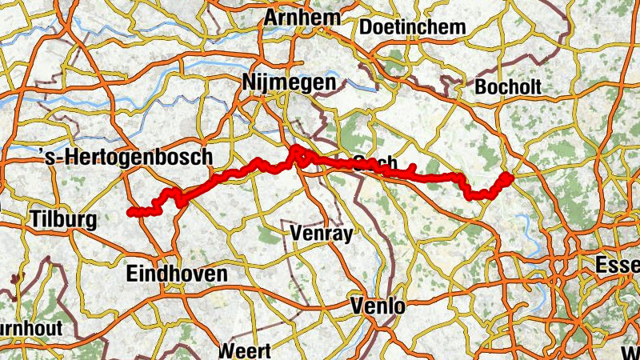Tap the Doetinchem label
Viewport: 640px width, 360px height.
pos(413,27)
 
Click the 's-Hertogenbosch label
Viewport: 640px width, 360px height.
pos(126,157)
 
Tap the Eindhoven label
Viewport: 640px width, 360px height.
pos(177,274)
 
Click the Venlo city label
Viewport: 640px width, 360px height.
pos(378,306)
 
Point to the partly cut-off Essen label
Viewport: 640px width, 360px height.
pos(618,265)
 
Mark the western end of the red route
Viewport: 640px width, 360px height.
pos(130,212)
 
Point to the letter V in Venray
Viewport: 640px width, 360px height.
pos(297,233)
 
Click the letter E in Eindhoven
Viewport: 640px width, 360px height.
pos(132,274)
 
